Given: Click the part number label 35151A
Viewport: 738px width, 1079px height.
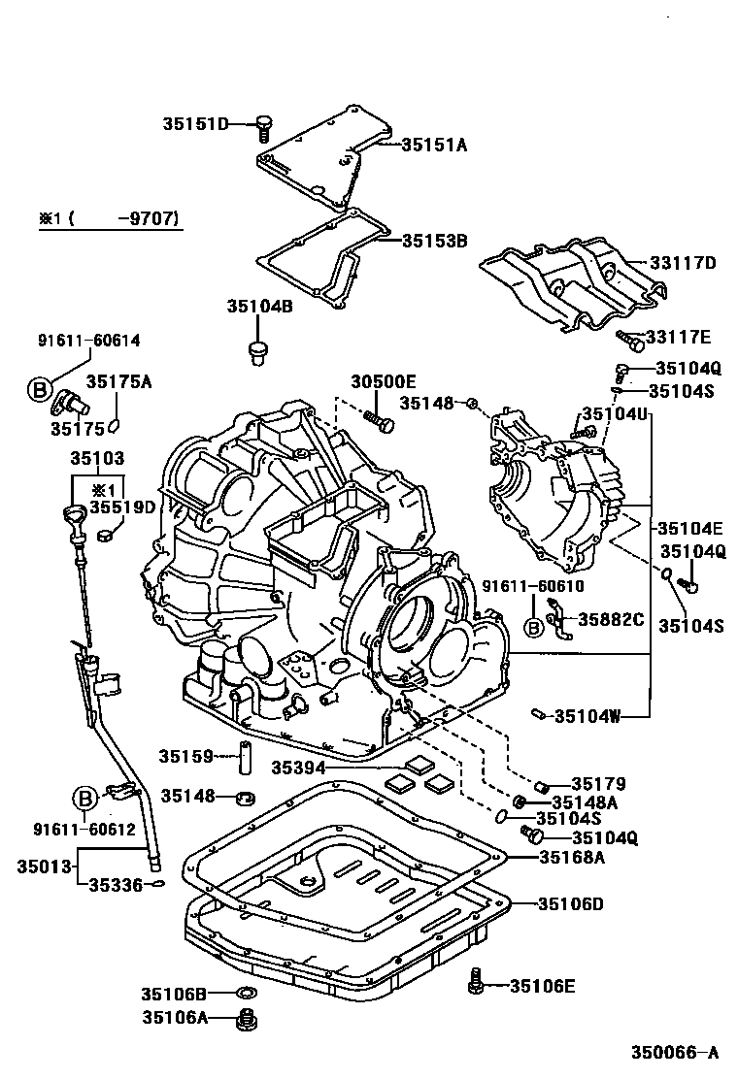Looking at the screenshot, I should click(435, 145).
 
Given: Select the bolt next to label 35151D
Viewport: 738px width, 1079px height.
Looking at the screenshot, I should click(263, 125).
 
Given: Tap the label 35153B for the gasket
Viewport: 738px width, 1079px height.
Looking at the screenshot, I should click(435, 240).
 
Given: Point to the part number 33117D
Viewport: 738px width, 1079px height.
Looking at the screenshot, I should click(683, 262).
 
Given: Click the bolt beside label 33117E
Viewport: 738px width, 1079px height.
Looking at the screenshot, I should click(632, 340).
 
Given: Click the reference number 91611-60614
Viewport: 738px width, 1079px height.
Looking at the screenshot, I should click(88, 341).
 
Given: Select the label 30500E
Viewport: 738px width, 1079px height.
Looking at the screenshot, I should click(383, 381).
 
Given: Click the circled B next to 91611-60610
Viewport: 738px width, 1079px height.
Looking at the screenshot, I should click(533, 628).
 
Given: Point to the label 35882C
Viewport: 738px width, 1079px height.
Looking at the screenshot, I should click(612, 618).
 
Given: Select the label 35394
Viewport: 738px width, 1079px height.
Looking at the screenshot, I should click(296, 767).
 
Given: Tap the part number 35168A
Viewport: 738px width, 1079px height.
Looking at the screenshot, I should click(572, 857).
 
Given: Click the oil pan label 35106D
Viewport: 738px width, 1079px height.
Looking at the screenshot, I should click(572, 903).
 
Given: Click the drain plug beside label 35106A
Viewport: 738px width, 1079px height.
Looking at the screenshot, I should click(247, 1020).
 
